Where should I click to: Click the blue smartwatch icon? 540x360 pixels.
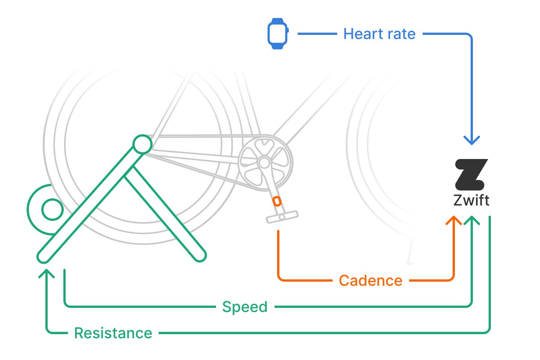point(277,33)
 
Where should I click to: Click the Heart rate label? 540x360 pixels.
point(379,34)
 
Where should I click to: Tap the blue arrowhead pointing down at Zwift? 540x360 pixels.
point(472,140)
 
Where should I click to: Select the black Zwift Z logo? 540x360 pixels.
point(471,174)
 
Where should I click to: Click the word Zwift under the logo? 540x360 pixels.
point(471,200)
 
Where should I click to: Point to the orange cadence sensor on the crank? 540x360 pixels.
point(277,201)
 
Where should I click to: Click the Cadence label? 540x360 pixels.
point(370,280)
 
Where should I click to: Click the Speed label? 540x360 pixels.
point(245,307)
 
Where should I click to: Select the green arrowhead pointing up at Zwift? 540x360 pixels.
point(472,220)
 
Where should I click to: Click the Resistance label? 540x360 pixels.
point(113,333)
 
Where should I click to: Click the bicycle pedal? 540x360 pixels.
point(282,217)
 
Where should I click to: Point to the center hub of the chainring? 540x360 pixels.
point(264,163)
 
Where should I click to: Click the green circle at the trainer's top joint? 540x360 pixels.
point(142,144)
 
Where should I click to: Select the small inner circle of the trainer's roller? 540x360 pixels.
point(52,209)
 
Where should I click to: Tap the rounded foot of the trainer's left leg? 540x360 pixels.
point(43,256)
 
